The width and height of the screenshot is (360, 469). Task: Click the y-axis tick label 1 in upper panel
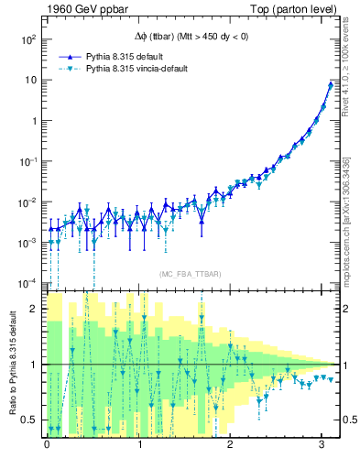click(x=32, y=121)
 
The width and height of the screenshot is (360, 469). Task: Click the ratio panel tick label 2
click(x=35, y=309)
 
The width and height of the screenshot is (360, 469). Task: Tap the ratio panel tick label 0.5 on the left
click(x=30, y=420)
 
